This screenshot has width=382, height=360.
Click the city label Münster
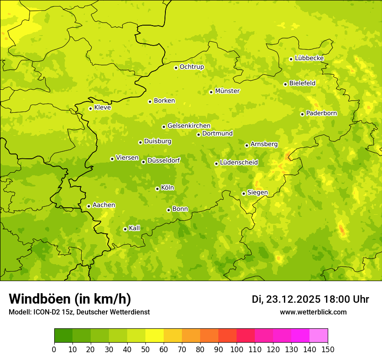tap(227, 91)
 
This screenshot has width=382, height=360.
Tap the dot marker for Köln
tap(157, 189)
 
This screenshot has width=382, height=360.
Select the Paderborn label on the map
tap(321, 113)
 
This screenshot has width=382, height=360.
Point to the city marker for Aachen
tap(89, 206)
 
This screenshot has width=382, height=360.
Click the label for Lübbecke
tap(309, 58)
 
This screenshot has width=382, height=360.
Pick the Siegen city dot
tap(244, 193)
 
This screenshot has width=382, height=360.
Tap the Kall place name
tap(135, 228)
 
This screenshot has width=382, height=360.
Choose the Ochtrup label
tap(191, 67)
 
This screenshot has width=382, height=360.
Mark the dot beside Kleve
tap(90, 108)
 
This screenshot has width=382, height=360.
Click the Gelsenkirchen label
tap(189, 126)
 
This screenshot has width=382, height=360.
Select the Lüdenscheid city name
tap(239, 163)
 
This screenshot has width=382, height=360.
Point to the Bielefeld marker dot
tap(285, 84)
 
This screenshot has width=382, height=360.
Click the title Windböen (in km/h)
tap(70, 299)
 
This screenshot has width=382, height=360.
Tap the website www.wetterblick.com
tap(313, 312)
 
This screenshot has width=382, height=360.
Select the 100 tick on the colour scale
tap(237, 349)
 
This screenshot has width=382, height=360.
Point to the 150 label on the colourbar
tap(328, 349)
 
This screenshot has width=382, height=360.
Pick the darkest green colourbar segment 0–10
tap(63, 336)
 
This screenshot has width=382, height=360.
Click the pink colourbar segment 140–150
tap(319, 336)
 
